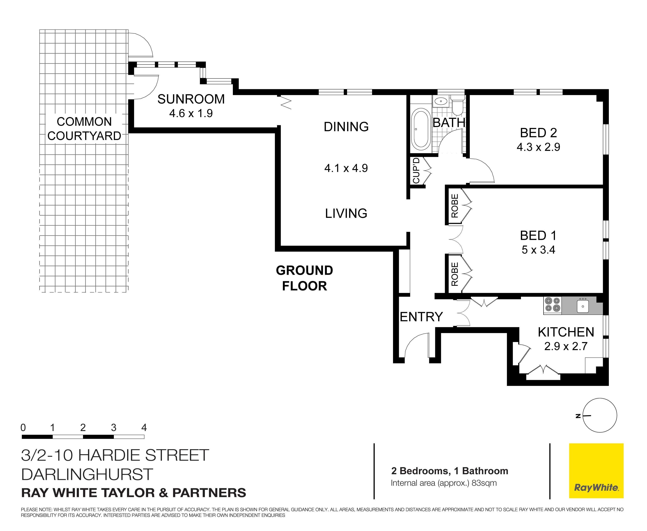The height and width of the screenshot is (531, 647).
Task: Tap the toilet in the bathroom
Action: [457, 105]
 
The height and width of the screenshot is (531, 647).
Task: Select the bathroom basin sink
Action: [441, 101]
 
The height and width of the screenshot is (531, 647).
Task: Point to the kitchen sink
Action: [583, 306]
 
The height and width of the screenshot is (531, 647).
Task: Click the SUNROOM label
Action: [191, 99]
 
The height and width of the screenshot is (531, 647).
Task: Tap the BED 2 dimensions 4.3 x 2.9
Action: [538, 147]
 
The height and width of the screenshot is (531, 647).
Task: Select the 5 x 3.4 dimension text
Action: [538, 250]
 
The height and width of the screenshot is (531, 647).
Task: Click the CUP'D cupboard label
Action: [416, 170]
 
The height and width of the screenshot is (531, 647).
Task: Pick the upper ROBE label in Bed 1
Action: [455, 206]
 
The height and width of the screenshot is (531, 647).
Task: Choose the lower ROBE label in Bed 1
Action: [455, 274]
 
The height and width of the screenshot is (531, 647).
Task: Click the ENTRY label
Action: [421, 317]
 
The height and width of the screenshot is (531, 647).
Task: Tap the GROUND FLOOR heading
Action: [304, 278]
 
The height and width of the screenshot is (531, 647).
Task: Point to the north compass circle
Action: [600, 415]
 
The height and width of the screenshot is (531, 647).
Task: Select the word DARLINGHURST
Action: [87, 474]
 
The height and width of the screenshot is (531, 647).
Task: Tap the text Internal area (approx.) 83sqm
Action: [443, 483]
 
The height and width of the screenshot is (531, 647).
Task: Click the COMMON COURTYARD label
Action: [84, 129]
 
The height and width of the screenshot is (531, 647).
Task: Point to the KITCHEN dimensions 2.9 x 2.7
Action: [566, 346]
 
